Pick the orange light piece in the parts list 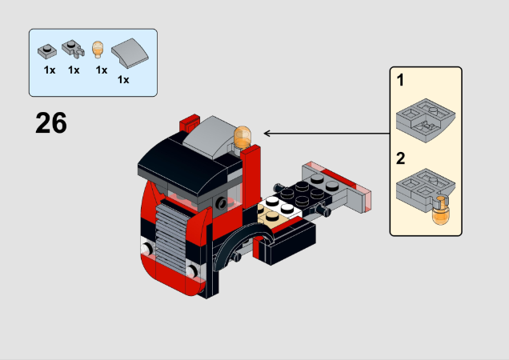tap(99, 50)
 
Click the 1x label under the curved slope tap(123, 79)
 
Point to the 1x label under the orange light tap(101, 70)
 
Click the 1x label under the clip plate tap(74, 70)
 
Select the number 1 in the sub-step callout tap(400, 81)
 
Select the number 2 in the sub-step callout tap(400, 158)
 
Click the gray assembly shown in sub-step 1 tap(426, 118)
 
